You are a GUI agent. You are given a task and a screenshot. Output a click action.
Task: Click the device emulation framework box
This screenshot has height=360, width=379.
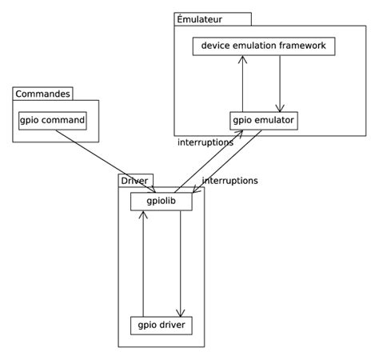tap(264, 46)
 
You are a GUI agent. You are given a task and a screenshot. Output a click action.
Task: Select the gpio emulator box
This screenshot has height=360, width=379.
tap(263, 120)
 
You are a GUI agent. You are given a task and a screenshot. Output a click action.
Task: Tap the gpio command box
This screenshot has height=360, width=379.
tap(52, 120)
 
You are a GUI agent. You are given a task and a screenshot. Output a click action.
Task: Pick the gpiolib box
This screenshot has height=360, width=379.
tap(161, 202)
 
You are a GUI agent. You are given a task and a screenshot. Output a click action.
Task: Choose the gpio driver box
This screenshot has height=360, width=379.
tap(161, 326)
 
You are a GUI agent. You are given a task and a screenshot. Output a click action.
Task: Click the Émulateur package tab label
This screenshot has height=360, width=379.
tap(197, 18)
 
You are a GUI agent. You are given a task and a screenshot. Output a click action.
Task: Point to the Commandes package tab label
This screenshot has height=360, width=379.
tap(42, 93)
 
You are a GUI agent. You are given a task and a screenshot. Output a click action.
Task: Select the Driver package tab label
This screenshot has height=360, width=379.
tap(134, 180)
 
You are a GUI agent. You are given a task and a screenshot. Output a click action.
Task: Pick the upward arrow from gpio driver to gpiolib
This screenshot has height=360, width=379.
tap(142, 264)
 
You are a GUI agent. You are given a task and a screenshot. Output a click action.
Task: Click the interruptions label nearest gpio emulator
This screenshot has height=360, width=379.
tap(205, 142)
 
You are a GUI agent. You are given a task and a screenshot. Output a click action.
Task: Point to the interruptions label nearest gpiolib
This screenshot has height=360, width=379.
tap(230, 181)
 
